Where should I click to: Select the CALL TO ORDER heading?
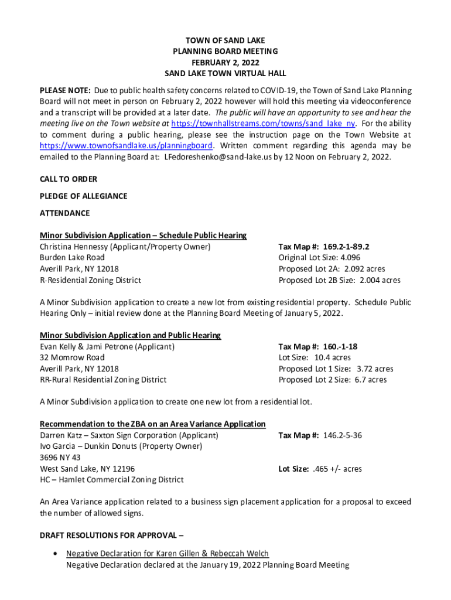[69, 179]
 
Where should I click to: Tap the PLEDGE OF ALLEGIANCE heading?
[83, 196]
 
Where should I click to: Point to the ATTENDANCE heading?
[65, 213]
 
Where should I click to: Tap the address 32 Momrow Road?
[72, 357]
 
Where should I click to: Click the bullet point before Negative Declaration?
[54, 554]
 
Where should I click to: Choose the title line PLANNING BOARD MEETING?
[225, 52]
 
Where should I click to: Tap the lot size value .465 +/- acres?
[337, 469]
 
